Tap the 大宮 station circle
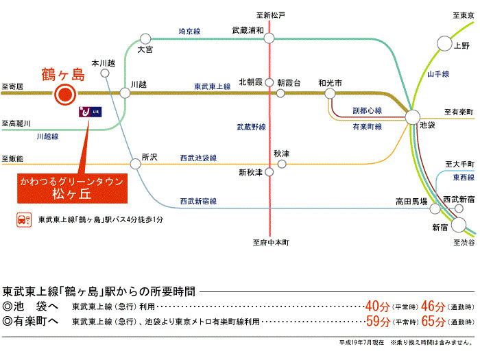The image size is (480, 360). [x=145, y=39]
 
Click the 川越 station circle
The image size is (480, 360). [x=125, y=93]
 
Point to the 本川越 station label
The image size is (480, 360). [x=103, y=62]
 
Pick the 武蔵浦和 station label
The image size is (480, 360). [x=248, y=29]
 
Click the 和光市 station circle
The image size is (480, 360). [x=330, y=93]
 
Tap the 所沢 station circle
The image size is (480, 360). [x=135, y=163]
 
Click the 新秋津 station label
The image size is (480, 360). [x=250, y=172]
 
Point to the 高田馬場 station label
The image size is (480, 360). [x=411, y=202]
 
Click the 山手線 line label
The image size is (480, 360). [x=437, y=74]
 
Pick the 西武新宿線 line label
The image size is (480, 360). [x=198, y=201]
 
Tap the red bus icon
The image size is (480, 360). [x=22, y=220]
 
